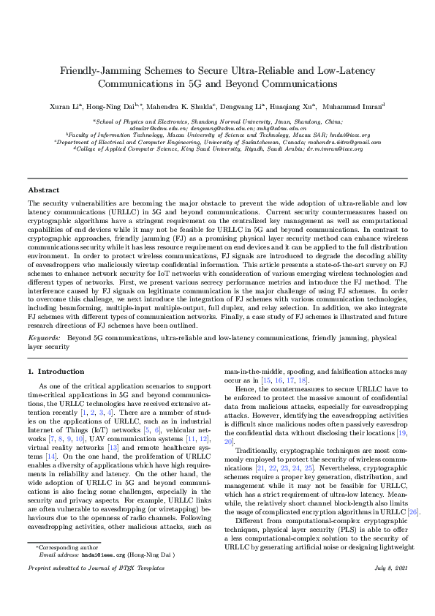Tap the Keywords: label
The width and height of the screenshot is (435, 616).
45,338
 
